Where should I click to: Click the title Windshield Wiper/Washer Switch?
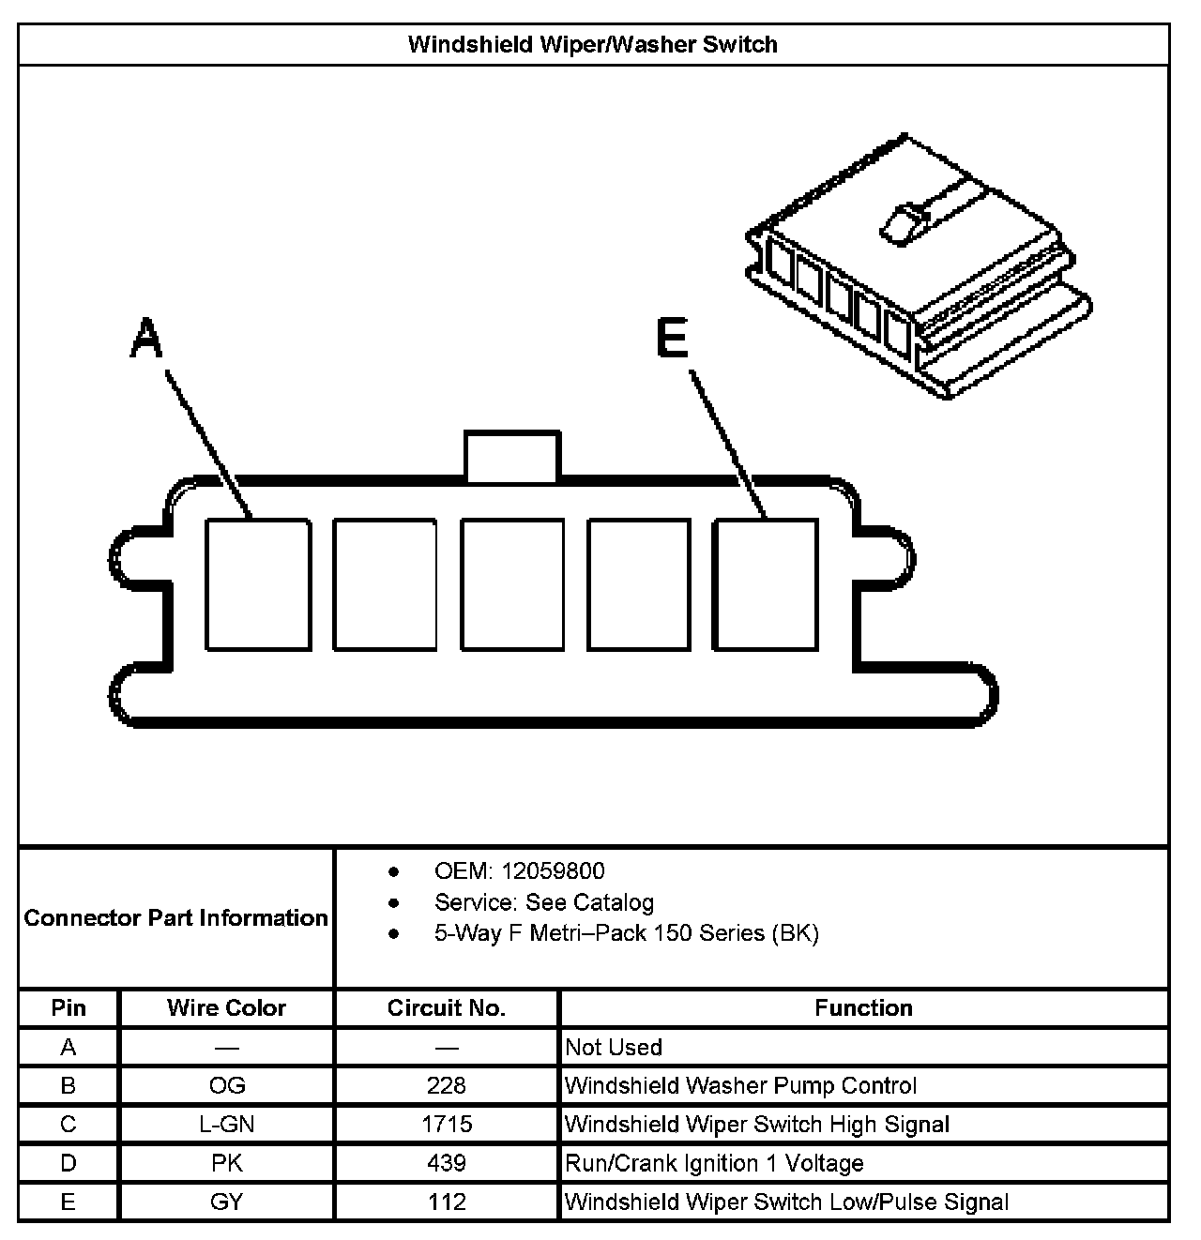(x=592, y=45)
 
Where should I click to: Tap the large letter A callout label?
(x=145, y=339)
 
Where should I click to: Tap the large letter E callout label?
(x=672, y=339)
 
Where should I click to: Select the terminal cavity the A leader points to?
(x=258, y=584)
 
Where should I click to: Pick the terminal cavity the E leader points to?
(x=765, y=584)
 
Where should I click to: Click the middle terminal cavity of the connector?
(x=512, y=584)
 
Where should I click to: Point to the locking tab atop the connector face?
(x=512, y=457)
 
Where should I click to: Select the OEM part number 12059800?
(x=553, y=871)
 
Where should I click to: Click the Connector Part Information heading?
(x=176, y=917)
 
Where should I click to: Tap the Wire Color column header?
(x=226, y=1008)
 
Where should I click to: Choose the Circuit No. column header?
(x=447, y=1008)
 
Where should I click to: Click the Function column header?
(x=863, y=1008)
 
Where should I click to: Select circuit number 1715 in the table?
(x=447, y=1124)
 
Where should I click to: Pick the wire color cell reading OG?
(x=227, y=1085)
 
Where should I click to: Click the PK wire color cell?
(x=227, y=1163)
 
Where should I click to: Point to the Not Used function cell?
(x=614, y=1047)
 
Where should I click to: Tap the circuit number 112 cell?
(x=447, y=1202)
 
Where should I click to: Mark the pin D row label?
(x=68, y=1163)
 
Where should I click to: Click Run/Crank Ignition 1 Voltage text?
(x=714, y=1163)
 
